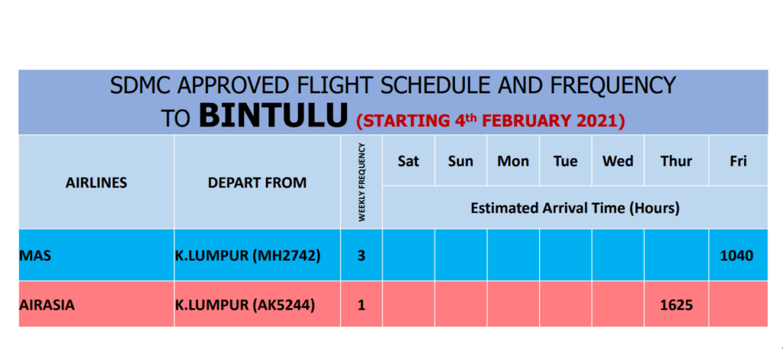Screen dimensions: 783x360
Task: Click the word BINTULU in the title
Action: coord(273,116)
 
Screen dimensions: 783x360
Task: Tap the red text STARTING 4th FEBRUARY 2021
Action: coord(490,120)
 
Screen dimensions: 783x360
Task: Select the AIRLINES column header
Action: coord(96,183)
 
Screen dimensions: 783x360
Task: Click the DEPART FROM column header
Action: coord(257,183)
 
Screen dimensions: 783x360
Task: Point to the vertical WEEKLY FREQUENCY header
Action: coord(362,182)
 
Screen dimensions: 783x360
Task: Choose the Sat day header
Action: coord(408,161)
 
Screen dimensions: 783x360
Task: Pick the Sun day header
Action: coord(460,161)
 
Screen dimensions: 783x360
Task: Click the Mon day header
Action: coord(513,161)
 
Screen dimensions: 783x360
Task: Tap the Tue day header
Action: coord(565,161)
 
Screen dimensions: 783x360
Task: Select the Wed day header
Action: coord(618,161)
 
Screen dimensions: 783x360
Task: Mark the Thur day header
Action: coord(676,161)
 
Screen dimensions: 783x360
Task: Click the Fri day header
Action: coord(738,161)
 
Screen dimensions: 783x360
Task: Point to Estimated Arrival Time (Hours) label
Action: coord(575,208)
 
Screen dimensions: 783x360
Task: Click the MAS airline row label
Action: coord(35,255)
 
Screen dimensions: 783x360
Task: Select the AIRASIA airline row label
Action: coord(47,304)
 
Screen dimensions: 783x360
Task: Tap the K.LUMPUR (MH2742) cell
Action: coord(247,255)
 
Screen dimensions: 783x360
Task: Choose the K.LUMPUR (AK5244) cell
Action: coord(245,304)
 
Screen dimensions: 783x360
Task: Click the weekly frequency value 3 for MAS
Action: coord(362,255)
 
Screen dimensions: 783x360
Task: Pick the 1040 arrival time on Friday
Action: coord(737,255)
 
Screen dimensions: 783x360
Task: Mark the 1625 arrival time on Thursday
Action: coord(676,304)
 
